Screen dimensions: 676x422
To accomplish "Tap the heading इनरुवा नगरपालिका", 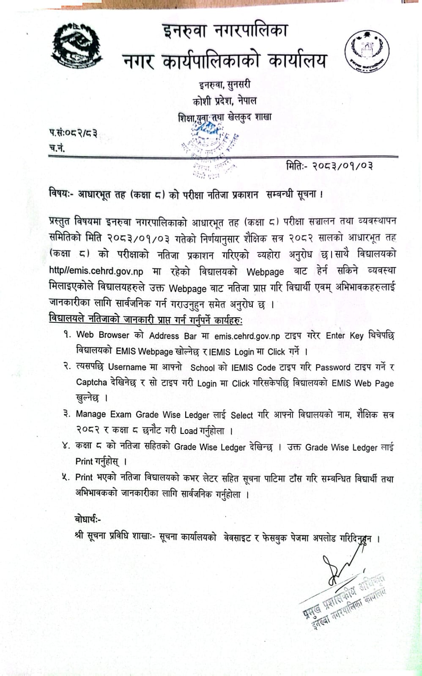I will coord(225,31).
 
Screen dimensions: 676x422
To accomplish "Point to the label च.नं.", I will coord(57,148).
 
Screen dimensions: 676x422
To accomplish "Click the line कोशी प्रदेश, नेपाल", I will coord(225,101).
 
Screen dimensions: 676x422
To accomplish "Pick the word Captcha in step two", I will coord(91,382).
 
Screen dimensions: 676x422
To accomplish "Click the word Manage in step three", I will coord(90,414).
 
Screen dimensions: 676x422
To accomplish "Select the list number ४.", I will coord(66,446).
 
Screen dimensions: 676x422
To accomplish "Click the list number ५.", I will coord(66,477).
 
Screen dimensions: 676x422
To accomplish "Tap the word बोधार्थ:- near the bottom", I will coord(88,519).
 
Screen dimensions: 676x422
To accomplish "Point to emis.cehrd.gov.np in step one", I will coord(247,336).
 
